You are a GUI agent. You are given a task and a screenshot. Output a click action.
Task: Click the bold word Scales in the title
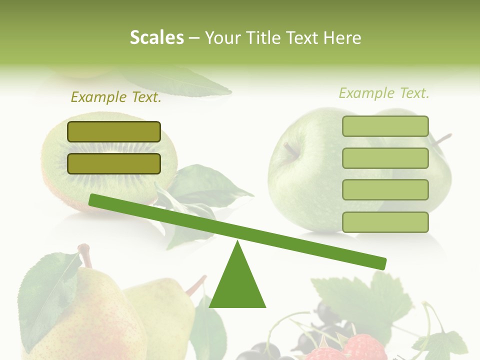(x=156, y=37)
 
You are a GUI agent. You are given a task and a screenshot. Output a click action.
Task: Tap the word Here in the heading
(x=342, y=37)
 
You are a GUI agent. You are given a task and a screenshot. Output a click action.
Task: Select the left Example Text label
(x=116, y=97)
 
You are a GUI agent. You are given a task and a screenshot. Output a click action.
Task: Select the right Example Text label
(x=384, y=93)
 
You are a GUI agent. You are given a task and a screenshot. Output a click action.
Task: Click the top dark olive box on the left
(x=114, y=131)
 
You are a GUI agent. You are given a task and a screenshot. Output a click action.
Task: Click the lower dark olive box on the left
(x=114, y=163)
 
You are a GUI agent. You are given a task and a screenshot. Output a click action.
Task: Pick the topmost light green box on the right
(x=385, y=126)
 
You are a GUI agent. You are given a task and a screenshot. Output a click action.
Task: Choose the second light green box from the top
(x=385, y=158)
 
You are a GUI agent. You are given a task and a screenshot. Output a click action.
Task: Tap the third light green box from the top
(x=385, y=189)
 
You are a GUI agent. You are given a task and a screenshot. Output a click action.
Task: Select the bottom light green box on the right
(x=385, y=222)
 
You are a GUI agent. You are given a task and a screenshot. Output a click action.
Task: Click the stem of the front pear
(x=85, y=254)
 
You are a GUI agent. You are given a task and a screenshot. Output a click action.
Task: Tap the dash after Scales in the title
(x=194, y=38)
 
